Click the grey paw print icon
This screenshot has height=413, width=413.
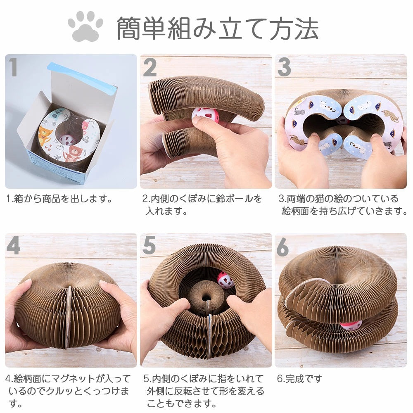(85, 26)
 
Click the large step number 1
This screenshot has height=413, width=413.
(13, 67)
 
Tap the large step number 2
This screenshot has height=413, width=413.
(150, 67)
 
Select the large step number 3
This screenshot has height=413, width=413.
(285, 67)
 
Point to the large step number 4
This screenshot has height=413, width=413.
(13, 245)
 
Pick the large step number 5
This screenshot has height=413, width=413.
(149, 245)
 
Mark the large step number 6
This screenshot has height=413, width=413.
(283, 247)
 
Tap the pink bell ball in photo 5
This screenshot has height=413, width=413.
(225, 280)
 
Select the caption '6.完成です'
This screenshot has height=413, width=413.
(300, 379)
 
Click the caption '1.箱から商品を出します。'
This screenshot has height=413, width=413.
(59, 199)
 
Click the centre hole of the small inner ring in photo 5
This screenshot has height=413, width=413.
(206, 299)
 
